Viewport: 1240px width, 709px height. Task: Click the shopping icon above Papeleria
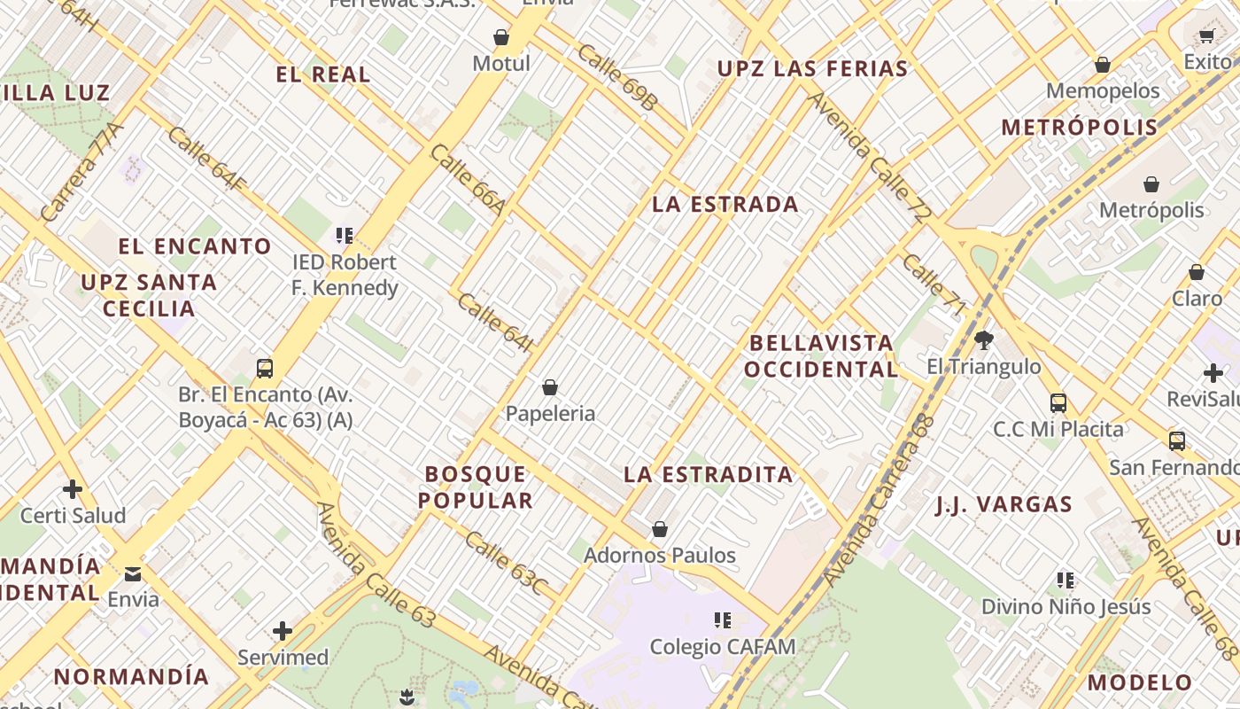click(550, 387)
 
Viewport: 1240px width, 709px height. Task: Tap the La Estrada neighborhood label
click(725, 205)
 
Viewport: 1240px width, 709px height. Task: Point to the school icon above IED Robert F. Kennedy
click(345, 236)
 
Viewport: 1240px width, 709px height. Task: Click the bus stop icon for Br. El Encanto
click(264, 368)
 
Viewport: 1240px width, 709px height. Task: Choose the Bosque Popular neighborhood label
click(476, 487)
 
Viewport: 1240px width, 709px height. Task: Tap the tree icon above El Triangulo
click(983, 339)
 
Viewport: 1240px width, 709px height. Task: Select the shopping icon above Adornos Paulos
click(659, 529)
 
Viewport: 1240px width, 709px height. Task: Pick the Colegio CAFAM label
click(723, 647)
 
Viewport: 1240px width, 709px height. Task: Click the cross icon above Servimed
click(283, 631)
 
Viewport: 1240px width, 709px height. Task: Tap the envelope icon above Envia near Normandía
click(133, 573)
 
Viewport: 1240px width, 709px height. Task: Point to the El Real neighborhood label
click(323, 74)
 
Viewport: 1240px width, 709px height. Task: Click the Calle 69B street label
click(617, 78)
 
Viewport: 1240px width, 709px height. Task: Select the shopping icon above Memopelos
click(1103, 65)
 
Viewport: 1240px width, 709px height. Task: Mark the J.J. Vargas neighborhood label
click(1004, 505)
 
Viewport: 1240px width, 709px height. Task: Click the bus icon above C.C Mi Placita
click(1058, 403)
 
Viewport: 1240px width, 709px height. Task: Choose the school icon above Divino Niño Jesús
click(1066, 580)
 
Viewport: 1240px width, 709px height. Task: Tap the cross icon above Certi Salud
click(73, 488)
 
